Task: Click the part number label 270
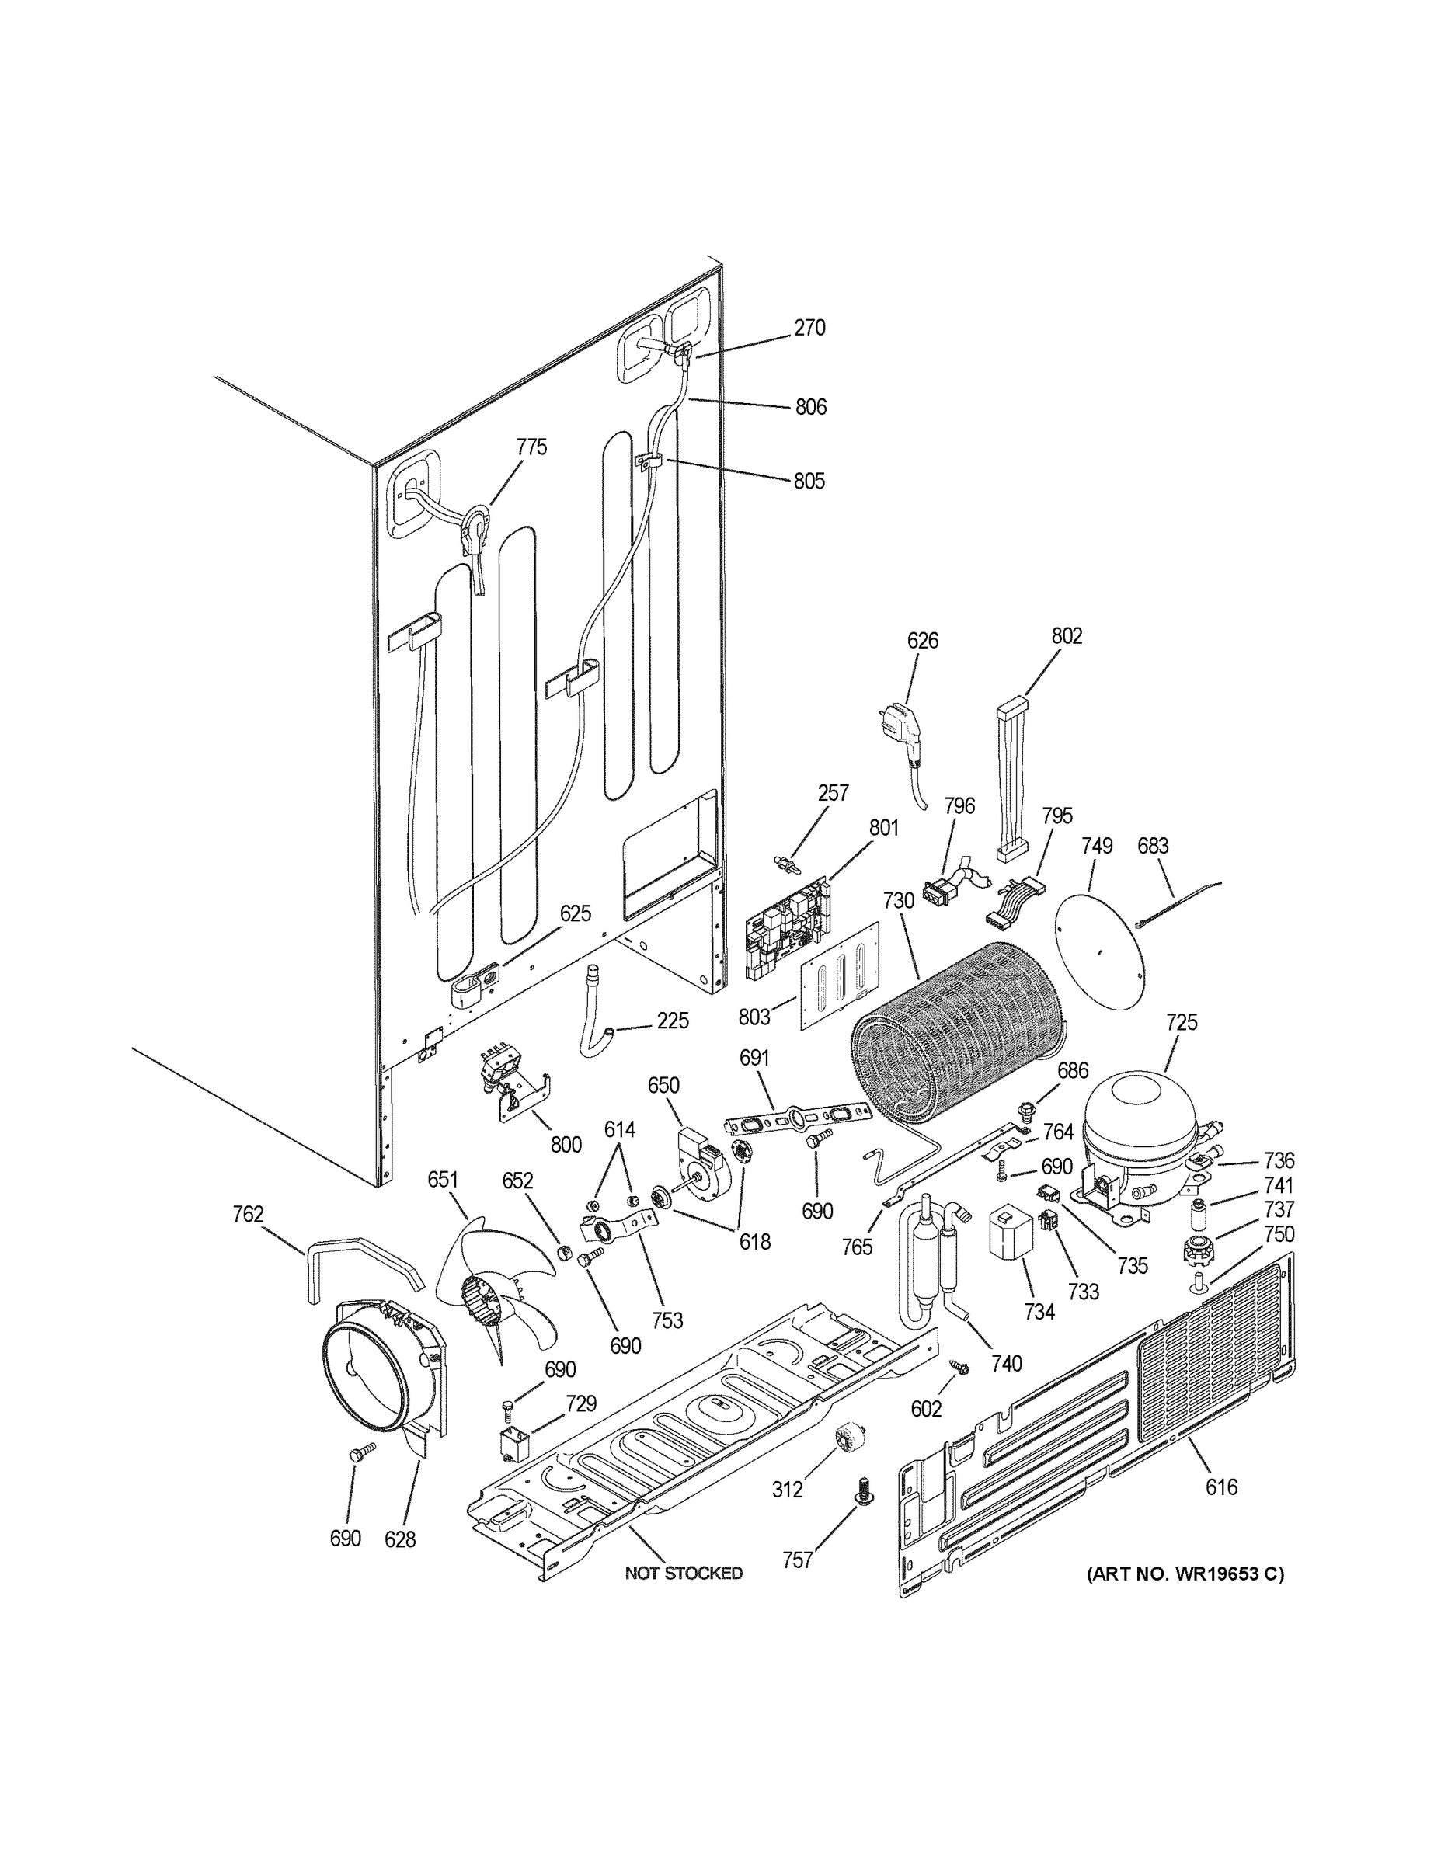[809, 328]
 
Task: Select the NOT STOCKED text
[683, 1573]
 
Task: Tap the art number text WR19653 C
[1185, 1573]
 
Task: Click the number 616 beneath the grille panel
[1220, 1487]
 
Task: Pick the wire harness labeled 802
[1011, 780]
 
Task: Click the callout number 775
[531, 447]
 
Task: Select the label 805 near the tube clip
[809, 482]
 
